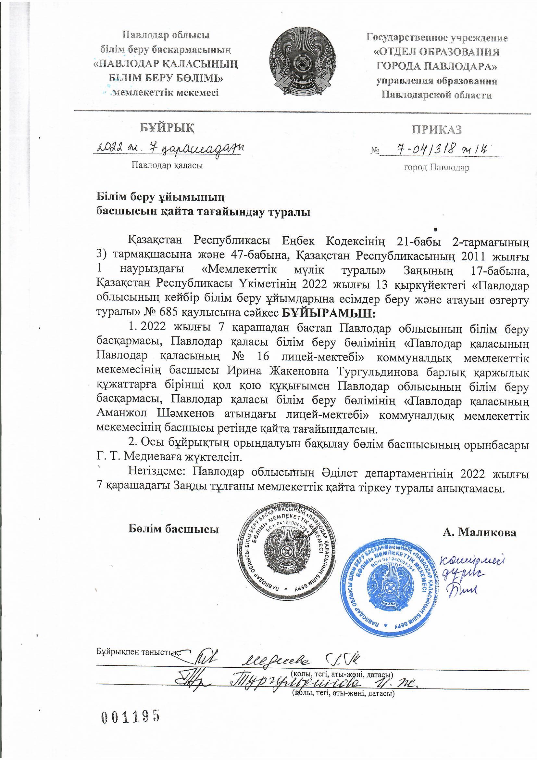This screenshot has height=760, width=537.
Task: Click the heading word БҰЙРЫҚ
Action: [x=167, y=127]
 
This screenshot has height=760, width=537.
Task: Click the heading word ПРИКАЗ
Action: [x=436, y=130]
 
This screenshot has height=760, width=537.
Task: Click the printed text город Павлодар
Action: [x=436, y=168]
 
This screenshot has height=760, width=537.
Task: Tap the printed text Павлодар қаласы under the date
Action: [x=167, y=165]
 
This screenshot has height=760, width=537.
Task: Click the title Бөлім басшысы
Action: [x=174, y=529]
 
